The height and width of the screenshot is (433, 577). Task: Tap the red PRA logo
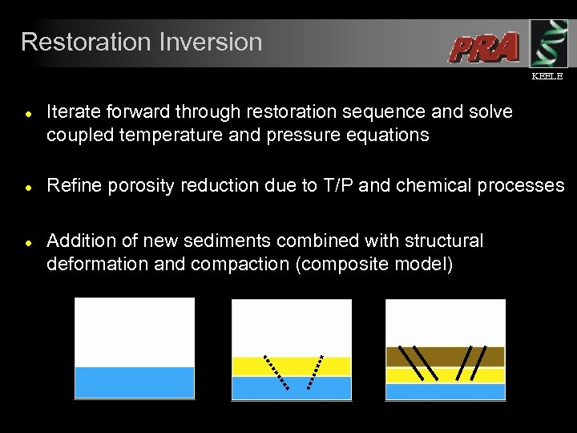[x=483, y=48]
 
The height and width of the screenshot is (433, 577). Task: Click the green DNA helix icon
[x=548, y=43]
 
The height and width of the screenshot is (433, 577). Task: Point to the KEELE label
[x=547, y=76]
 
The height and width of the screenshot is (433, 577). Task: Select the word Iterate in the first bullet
[x=75, y=111]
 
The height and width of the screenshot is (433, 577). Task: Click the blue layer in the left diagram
[x=135, y=382]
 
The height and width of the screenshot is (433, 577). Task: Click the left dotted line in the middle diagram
[x=276, y=372]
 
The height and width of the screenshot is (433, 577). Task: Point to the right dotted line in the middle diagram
[x=315, y=372]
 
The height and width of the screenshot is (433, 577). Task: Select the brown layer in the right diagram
[x=445, y=356]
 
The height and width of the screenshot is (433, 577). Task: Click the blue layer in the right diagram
[x=445, y=391]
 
